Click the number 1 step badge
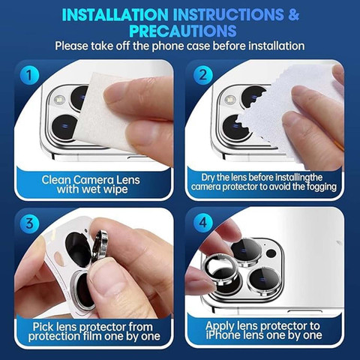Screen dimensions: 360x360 pyautogui.click(x=29, y=75)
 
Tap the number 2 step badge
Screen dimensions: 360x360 pyautogui.click(x=203, y=75)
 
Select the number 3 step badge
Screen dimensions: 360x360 pyautogui.click(x=29, y=223)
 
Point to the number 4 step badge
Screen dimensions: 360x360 pyautogui.click(x=203, y=223)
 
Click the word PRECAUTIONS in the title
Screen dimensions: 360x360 pyautogui.click(x=183, y=31)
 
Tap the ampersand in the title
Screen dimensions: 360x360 pyautogui.click(x=293, y=14)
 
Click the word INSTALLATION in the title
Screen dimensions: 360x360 pyautogui.click(x=115, y=14)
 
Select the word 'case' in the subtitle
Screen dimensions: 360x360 pyautogui.click(x=196, y=46)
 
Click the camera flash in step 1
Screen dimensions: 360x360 pyautogui.click(x=59, y=100)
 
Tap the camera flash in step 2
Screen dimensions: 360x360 pyautogui.click(x=230, y=100)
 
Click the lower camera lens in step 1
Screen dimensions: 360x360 pyautogui.click(x=64, y=127)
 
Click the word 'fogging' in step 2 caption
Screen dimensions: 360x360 pyautogui.click(x=321, y=187)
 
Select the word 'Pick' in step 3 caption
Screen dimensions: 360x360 pyautogui.click(x=43, y=327)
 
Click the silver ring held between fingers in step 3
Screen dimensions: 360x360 pyautogui.click(x=100, y=246)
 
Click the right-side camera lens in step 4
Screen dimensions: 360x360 pyautogui.click(x=262, y=280)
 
